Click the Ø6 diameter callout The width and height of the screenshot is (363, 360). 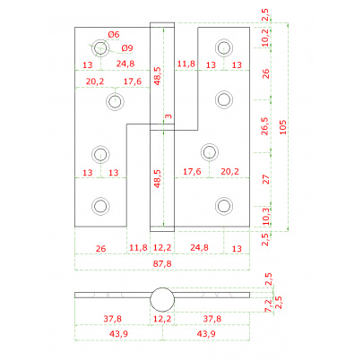point(114,35)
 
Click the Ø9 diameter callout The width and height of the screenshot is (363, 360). point(127,48)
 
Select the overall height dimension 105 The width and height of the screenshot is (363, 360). point(282,127)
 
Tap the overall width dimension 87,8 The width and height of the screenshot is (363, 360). point(162,264)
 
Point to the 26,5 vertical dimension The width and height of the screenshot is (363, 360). point(265,126)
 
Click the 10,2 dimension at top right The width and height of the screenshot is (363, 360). point(265,37)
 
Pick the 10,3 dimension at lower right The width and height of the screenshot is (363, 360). point(265,216)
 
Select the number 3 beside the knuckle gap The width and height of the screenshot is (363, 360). point(169,116)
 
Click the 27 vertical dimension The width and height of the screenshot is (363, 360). point(265,179)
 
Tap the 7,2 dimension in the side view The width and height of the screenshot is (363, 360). point(269,306)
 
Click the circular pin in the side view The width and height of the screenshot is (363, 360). point(162,300)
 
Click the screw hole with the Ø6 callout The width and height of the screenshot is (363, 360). point(100,47)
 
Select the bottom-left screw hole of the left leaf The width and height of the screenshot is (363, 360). point(100,206)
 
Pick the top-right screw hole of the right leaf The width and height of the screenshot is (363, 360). point(224,47)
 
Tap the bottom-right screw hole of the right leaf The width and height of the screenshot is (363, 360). point(224,206)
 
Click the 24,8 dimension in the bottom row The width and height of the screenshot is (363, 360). point(199,248)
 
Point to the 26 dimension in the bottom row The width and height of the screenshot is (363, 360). point(100,248)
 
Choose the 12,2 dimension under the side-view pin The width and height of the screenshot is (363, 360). point(162,319)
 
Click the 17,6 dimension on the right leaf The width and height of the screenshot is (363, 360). point(192,172)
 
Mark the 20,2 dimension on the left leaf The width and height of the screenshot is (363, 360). point(95,81)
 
